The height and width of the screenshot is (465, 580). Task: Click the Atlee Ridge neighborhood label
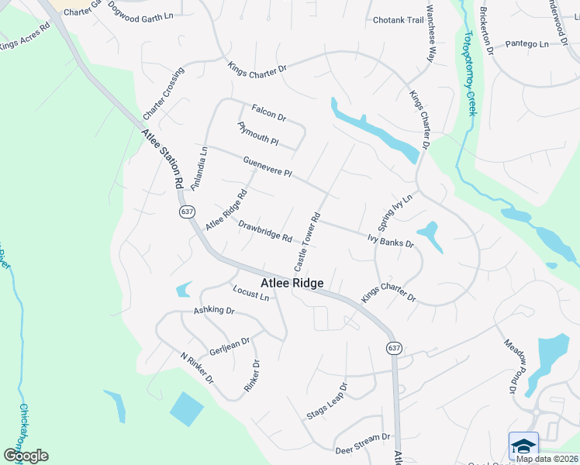[292, 284]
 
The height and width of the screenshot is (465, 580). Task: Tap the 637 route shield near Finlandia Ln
[187, 212]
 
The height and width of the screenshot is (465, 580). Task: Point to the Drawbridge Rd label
[265, 231]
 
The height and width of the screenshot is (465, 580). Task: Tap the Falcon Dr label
[269, 113]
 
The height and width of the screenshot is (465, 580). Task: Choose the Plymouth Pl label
[257, 133]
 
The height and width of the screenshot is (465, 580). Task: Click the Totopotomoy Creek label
[469, 74]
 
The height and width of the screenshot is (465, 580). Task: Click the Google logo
[26, 456]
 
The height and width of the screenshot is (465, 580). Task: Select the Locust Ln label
[250, 294]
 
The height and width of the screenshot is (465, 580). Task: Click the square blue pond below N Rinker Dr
[186, 409]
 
